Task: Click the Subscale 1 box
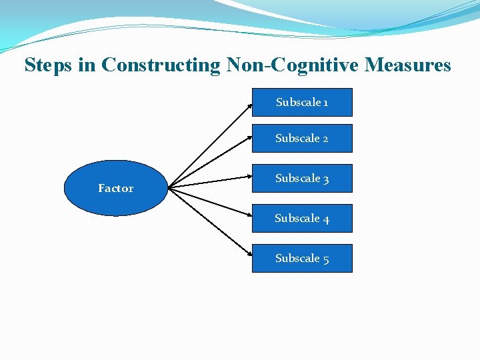point(302,103)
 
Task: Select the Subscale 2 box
point(302,139)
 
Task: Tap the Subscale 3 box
point(302,179)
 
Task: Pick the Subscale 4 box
point(302,219)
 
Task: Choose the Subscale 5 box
point(302,259)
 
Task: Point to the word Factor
point(115,189)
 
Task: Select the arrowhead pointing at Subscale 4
point(249,217)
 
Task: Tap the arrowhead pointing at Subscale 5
point(249,256)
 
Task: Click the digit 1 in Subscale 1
point(325,103)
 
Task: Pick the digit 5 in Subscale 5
point(325,259)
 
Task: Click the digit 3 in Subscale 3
point(325,179)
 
